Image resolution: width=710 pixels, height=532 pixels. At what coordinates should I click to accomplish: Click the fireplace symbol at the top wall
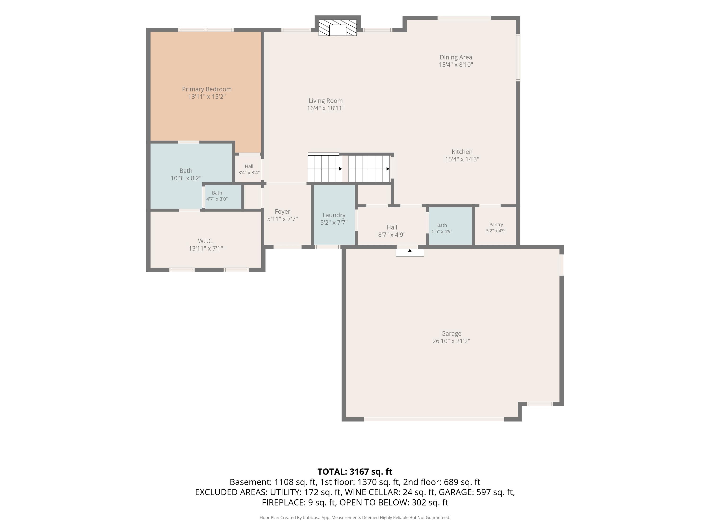click(338, 28)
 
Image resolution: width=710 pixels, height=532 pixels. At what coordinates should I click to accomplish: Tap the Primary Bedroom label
click(207, 89)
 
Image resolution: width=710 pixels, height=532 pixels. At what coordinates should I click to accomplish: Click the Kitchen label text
click(462, 152)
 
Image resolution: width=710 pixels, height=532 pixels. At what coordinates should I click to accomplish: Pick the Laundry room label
click(334, 215)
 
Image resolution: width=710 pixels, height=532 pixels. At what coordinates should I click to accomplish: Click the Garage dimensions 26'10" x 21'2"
click(451, 341)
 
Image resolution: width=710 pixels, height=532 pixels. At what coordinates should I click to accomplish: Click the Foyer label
click(282, 212)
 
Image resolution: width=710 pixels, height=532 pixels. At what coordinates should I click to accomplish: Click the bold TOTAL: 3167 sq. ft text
click(355, 472)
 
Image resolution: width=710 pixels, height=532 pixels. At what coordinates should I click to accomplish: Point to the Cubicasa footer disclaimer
click(355, 517)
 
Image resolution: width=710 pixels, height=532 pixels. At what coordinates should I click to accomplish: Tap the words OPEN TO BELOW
click(374, 502)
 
